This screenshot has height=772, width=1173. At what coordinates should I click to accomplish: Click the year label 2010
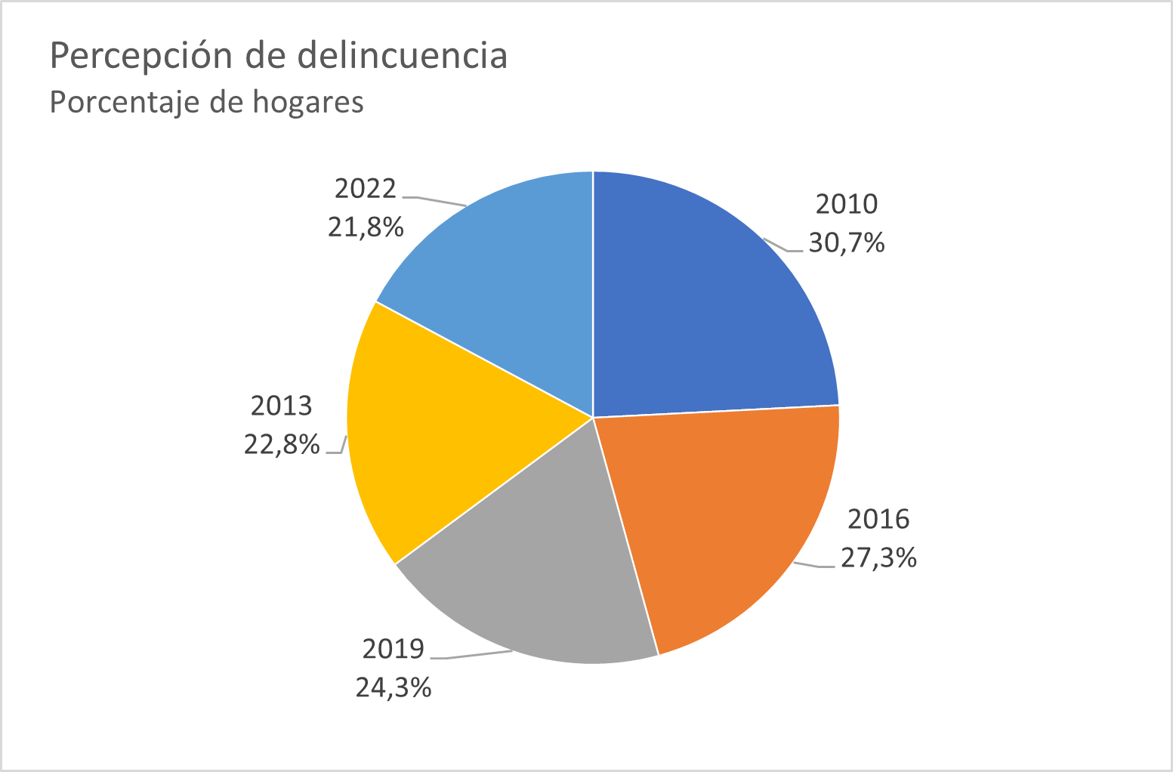[x=847, y=204]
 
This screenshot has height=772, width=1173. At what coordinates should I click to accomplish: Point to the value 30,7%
[x=847, y=243]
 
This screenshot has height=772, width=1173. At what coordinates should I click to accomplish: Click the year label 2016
[x=878, y=519]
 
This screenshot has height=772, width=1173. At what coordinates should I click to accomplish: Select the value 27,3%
[x=878, y=558]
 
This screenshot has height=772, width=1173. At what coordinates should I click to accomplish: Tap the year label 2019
[x=393, y=649]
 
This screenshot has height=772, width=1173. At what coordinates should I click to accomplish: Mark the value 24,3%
[x=393, y=688]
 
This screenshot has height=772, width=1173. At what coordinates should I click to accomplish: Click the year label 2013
[x=281, y=406]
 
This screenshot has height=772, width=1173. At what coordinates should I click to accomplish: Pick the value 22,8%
[x=281, y=445]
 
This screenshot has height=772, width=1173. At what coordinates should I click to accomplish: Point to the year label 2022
[x=365, y=188]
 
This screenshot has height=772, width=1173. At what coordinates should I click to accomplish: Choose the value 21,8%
[x=365, y=227]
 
